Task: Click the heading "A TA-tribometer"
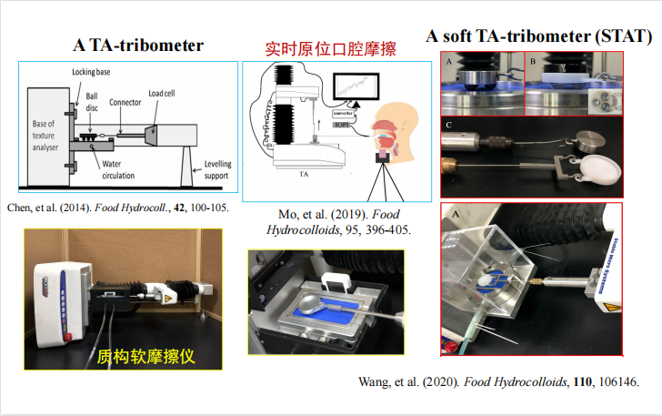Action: (138, 45)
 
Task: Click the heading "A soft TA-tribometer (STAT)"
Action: (538, 37)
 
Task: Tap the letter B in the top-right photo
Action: (534, 61)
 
